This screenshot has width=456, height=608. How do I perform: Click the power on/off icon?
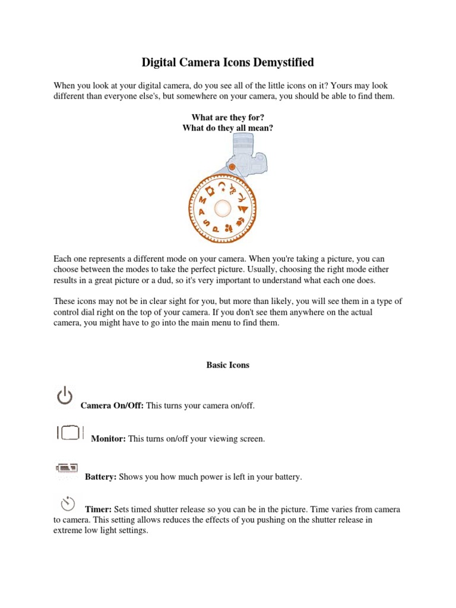(65, 396)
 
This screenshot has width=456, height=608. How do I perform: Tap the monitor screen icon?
(71, 433)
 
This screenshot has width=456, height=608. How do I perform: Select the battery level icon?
(67, 467)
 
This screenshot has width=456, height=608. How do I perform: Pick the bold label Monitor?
(108, 439)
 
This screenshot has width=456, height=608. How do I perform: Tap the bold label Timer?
(99, 510)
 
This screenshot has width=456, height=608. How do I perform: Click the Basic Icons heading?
(227, 365)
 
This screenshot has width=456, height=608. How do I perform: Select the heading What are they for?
(227, 118)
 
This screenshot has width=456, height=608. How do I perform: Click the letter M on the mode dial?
(202, 201)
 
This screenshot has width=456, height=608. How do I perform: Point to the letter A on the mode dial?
(202, 211)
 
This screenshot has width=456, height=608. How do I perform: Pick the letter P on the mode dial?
(215, 229)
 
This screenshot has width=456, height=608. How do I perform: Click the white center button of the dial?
(223, 208)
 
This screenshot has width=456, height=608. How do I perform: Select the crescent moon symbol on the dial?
(222, 185)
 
